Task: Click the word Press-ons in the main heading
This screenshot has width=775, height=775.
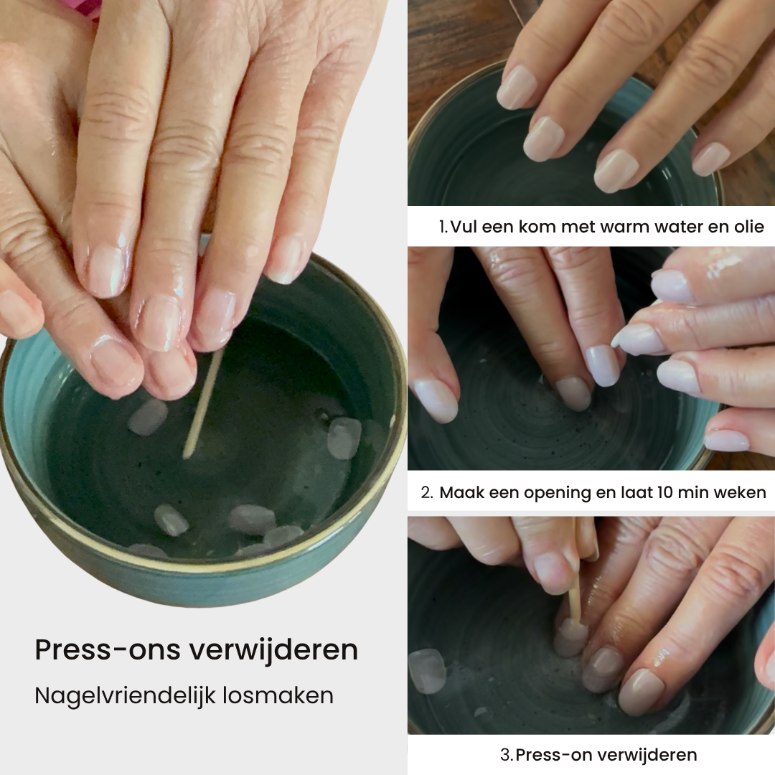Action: click(x=107, y=649)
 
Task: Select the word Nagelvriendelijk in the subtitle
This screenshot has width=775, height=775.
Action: click(x=126, y=696)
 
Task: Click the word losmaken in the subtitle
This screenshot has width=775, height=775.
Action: click(x=278, y=695)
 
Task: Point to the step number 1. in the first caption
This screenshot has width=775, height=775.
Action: click(x=444, y=227)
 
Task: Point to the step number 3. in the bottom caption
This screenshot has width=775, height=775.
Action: click(x=507, y=755)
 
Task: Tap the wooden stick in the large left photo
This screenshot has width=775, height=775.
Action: click(x=202, y=403)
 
